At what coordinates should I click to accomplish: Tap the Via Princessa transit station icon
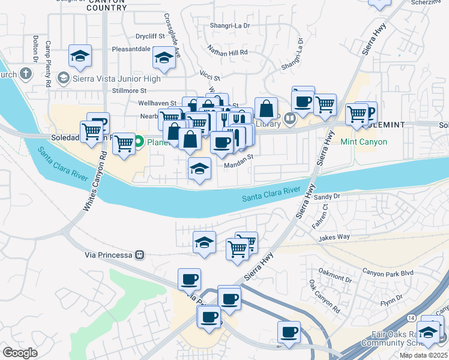tap(139, 254)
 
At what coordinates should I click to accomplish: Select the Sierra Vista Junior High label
tap(117, 79)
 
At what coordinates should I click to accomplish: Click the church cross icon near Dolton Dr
tap(25, 74)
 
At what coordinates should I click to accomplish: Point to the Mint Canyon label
tap(364, 142)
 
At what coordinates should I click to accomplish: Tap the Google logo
tap(20, 353)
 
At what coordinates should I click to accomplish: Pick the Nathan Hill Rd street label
tap(228, 53)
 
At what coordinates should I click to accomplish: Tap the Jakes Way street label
tap(334, 237)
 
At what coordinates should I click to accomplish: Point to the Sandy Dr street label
tap(327, 196)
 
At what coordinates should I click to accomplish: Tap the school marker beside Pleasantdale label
tap(163, 58)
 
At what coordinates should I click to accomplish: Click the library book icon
tap(291, 118)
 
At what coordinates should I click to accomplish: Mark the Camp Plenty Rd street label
tap(48, 65)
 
